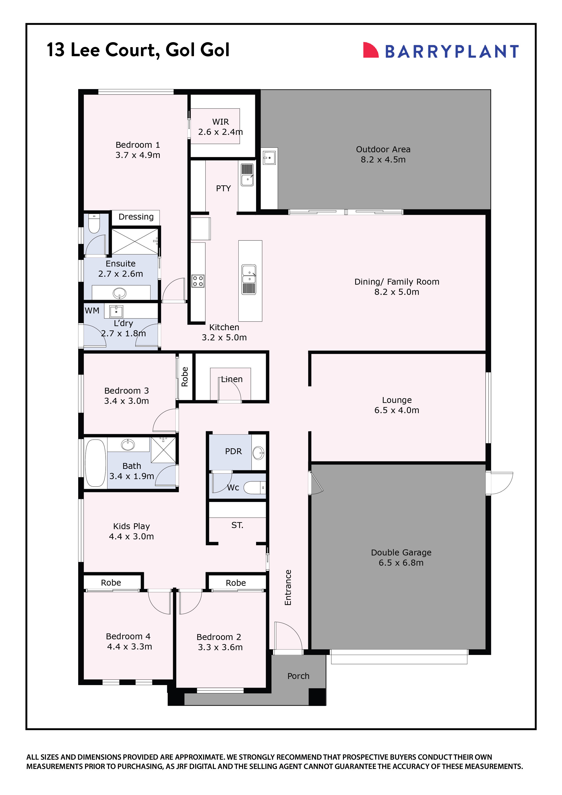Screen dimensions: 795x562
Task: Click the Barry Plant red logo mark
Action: [370, 50]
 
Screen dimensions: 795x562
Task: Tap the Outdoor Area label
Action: [383, 149]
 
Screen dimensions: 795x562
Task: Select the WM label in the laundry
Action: [92, 311]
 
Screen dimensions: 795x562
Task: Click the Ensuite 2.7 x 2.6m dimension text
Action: [121, 274]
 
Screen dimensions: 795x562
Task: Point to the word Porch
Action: [298, 676]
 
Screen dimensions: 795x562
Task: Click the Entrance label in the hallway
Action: [288, 588]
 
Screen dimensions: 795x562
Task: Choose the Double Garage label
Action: [401, 552]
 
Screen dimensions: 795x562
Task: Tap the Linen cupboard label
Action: [232, 379]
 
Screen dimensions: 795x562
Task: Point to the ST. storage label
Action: [237, 525]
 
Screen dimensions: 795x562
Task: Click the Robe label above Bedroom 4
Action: [111, 583]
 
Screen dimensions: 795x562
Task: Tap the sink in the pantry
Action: [247, 175]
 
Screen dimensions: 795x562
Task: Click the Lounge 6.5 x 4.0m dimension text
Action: [397, 410]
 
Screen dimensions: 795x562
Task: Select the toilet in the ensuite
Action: [94, 224]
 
